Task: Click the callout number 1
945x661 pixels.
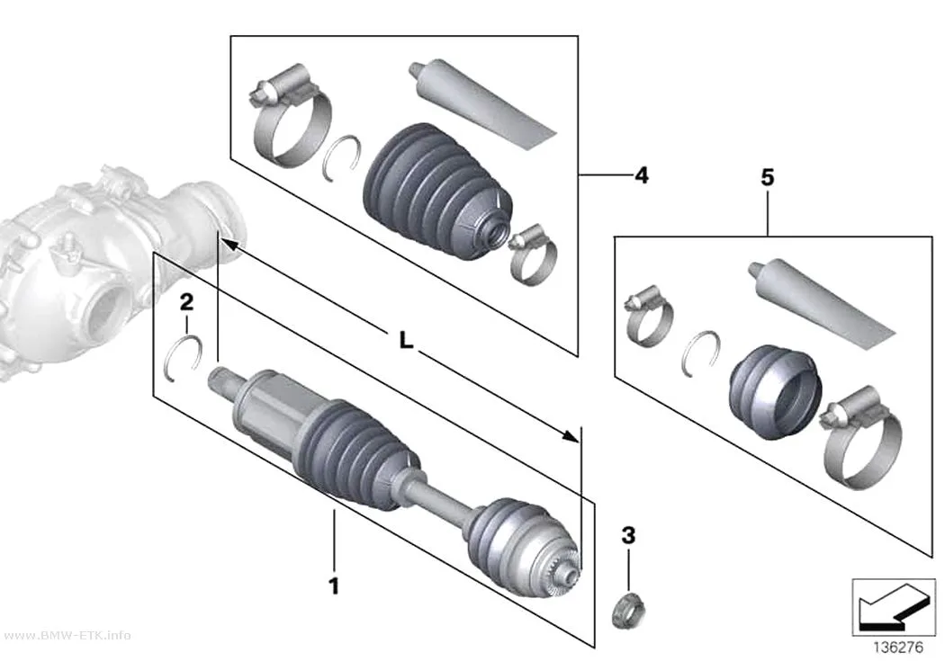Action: (x=334, y=585)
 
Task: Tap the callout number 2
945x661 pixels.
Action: (x=187, y=301)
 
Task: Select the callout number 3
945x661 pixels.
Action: (x=628, y=534)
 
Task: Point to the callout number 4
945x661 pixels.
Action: (x=642, y=175)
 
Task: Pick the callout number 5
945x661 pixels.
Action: (x=767, y=177)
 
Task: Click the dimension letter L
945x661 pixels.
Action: (x=407, y=341)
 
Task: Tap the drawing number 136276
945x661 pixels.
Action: (x=898, y=648)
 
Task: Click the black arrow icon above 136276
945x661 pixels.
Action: (x=894, y=608)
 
